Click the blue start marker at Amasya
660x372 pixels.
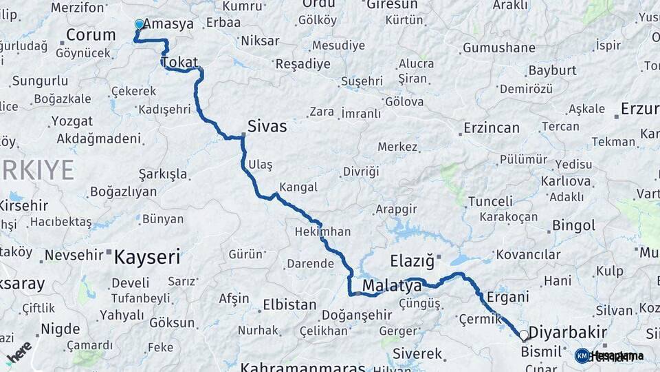pyautogui.click(x=140, y=25)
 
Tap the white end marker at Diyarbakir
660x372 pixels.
pyautogui.click(x=524, y=335)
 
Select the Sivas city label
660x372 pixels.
pyautogui.click(x=267, y=127)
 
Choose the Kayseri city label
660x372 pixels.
pyautogui.click(x=146, y=258)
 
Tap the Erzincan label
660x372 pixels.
pyautogui.click(x=491, y=128)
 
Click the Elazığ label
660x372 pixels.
pyautogui.click(x=412, y=261)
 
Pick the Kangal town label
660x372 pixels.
pyautogui.click(x=298, y=187)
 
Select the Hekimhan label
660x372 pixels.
pyautogui.click(x=322, y=231)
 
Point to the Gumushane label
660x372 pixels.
pyautogui.click(x=498, y=48)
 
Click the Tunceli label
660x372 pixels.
pyautogui.click(x=490, y=202)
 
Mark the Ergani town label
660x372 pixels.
pyautogui.click(x=507, y=297)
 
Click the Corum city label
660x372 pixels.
pyautogui.click(x=91, y=35)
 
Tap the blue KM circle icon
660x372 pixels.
pyautogui.click(x=582, y=355)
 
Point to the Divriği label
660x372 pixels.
pyautogui.click(x=361, y=172)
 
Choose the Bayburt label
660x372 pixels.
pyautogui.click(x=552, y=70)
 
